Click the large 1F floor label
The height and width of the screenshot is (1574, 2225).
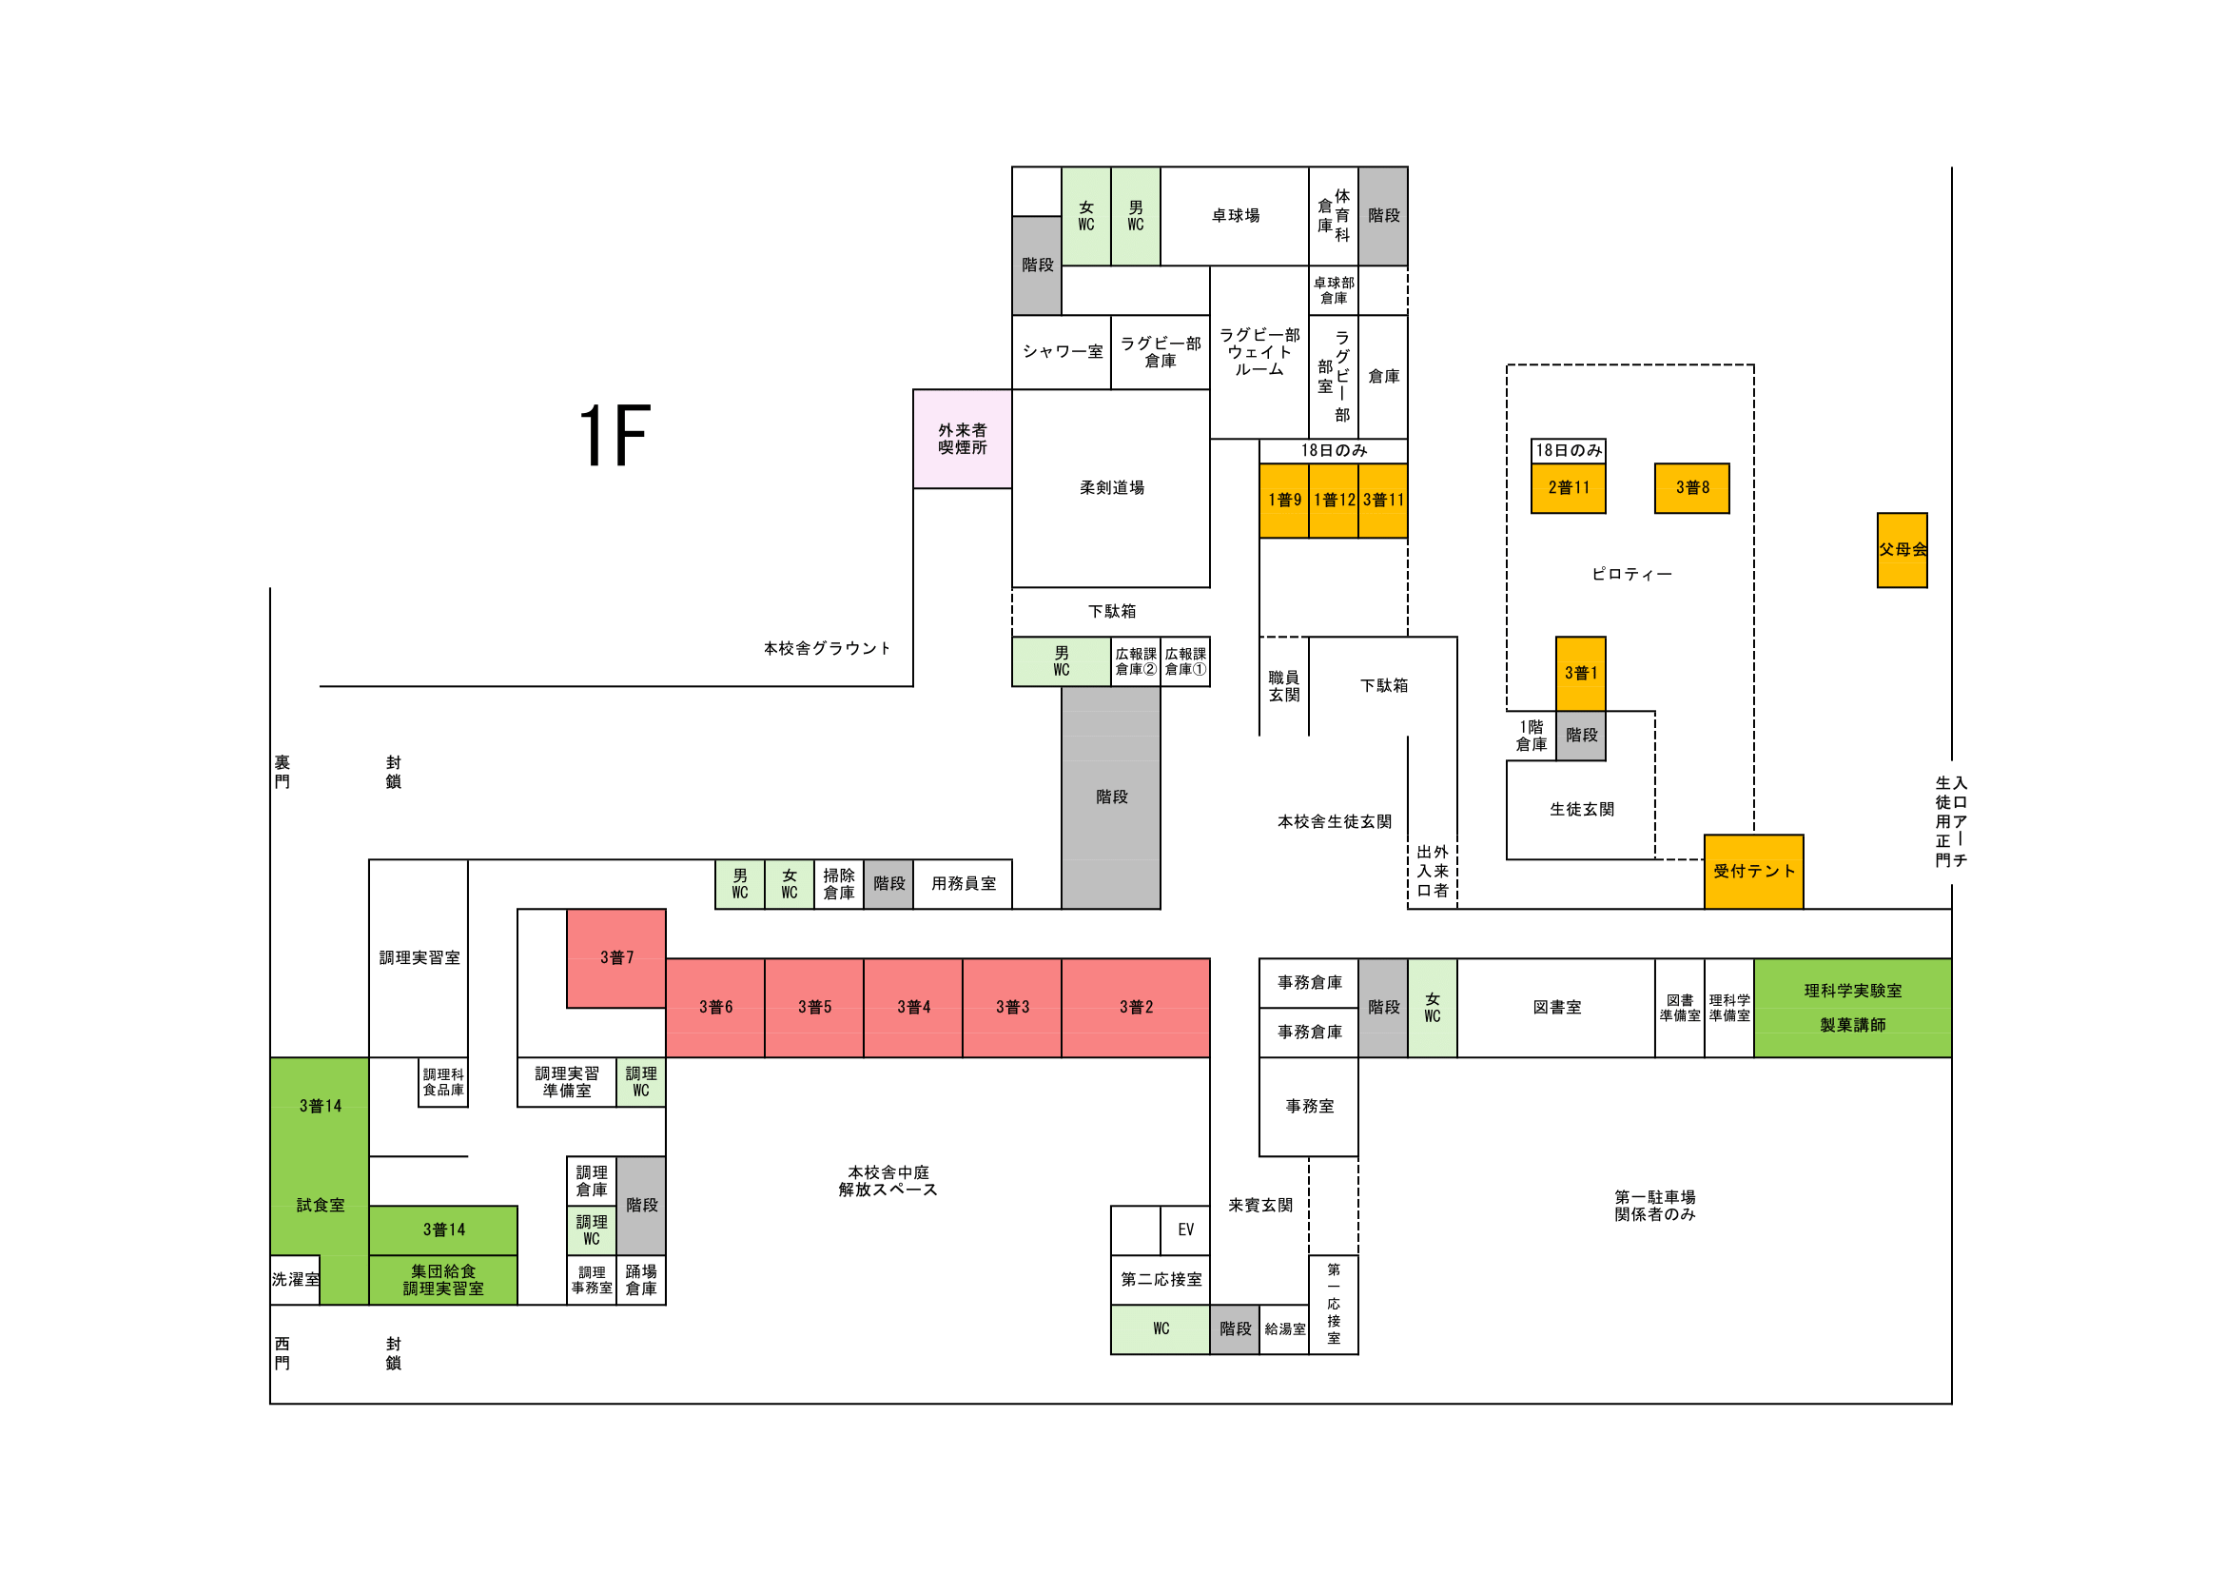(x=615, y=436)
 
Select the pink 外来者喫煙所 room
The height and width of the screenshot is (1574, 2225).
(x=962, y=439)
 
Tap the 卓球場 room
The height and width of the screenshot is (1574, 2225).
(x=1235, y=216)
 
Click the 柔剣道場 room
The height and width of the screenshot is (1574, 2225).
(x=1110, y=488)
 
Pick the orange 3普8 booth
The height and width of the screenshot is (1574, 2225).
(x=1691, y=487)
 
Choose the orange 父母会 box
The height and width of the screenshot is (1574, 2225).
(x=1902, y=549)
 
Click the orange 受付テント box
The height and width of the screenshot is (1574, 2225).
(x=1753, y=872)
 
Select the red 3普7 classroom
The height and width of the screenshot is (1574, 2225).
(x=616, y=957)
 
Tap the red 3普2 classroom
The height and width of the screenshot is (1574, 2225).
(x=1135, y=1007)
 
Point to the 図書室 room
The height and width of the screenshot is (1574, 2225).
(x=1555, y=1007)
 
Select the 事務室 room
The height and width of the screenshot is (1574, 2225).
(x=1308, y=1106)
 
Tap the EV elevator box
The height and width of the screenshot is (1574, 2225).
(x=1184, y=1230)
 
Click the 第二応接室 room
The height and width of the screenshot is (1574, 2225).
(x=1160, y=1279)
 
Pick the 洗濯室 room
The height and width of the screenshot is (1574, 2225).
(x=295, y=1279)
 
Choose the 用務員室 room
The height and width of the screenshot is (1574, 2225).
(x=963, y=884)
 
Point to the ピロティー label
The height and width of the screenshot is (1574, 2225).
(x=1631, y=575)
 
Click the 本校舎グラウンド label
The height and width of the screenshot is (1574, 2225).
(x=826, y=648)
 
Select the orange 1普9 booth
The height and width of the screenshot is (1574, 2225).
(x=1283, y=501)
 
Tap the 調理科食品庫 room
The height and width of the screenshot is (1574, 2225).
(x=443, y=1082)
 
